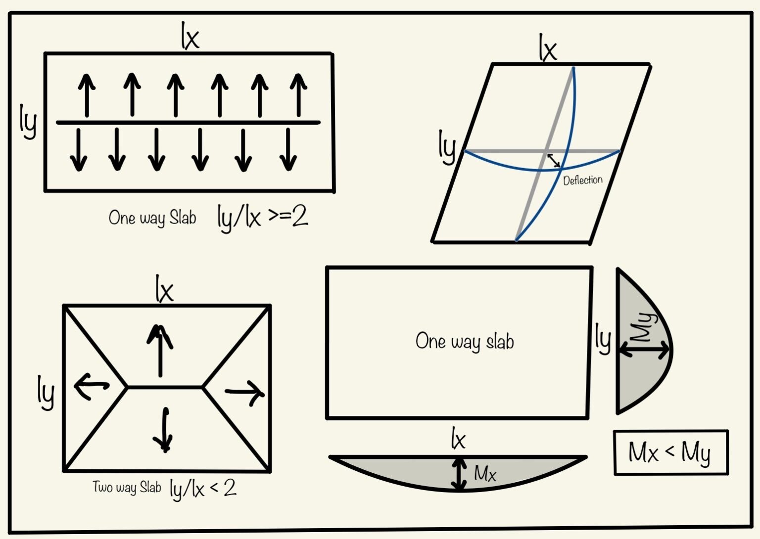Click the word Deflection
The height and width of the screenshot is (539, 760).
583,180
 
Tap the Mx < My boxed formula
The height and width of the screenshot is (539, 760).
670,452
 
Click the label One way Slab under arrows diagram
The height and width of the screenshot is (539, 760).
152,218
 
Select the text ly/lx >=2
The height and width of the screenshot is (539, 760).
263,218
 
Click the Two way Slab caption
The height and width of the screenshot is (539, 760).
127,488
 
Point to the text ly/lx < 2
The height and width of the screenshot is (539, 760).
203,489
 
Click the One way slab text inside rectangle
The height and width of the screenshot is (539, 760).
465,342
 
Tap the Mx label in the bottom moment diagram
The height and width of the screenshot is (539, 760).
485,474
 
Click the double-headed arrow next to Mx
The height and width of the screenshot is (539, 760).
460,474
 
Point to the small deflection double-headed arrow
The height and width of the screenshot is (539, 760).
554,160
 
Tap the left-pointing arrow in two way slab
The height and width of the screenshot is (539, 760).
92,386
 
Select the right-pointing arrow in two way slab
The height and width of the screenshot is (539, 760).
245,393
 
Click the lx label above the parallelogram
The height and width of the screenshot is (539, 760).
548,48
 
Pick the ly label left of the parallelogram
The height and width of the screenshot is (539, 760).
447,147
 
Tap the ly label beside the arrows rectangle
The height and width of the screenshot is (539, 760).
28,121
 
